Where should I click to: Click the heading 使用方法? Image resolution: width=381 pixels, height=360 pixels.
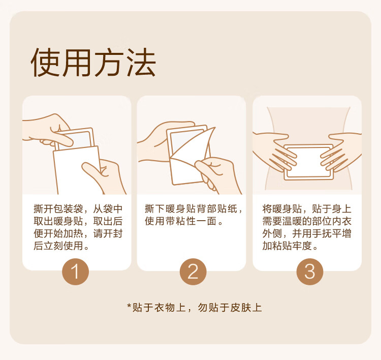pyautogui.click(x=93, y=63)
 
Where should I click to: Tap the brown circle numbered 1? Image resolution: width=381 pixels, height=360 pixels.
pyautogui.click(x=75, y=272)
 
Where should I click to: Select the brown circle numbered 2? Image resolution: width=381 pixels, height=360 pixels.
pyautogui.click(x=193, y=272)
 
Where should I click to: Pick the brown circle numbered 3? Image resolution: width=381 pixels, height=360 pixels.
pyautogui.click(x=310, y=272)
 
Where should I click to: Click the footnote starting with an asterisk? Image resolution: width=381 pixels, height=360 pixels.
pyautogui.click(x=195, y=308)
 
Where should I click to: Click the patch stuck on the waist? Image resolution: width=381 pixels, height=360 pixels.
pyautogui.click(x=308, y=162)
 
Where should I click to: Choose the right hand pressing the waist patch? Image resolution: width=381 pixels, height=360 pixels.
pyautogui.click(x=341, y=151)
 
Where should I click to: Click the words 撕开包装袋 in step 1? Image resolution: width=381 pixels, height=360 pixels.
pyautogui.click(x=58, y=208)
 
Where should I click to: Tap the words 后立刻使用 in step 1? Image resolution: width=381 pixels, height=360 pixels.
pyautogui.click(x=58, y=246)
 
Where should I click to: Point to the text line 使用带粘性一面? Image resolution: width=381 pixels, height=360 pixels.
pyautogui.click(x=180, y=221)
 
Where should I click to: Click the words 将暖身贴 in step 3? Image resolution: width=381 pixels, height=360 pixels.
pyautogui.click(x=282, y=208)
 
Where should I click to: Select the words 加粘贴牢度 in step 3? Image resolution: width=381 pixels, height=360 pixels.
pyautogui.click(x=287, y=246)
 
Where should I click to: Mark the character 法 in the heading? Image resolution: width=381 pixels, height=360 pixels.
pyautogui.click(x=141, y=63)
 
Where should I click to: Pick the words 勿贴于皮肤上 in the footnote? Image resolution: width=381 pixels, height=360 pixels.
pyautogui.click(x=230, y=308)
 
